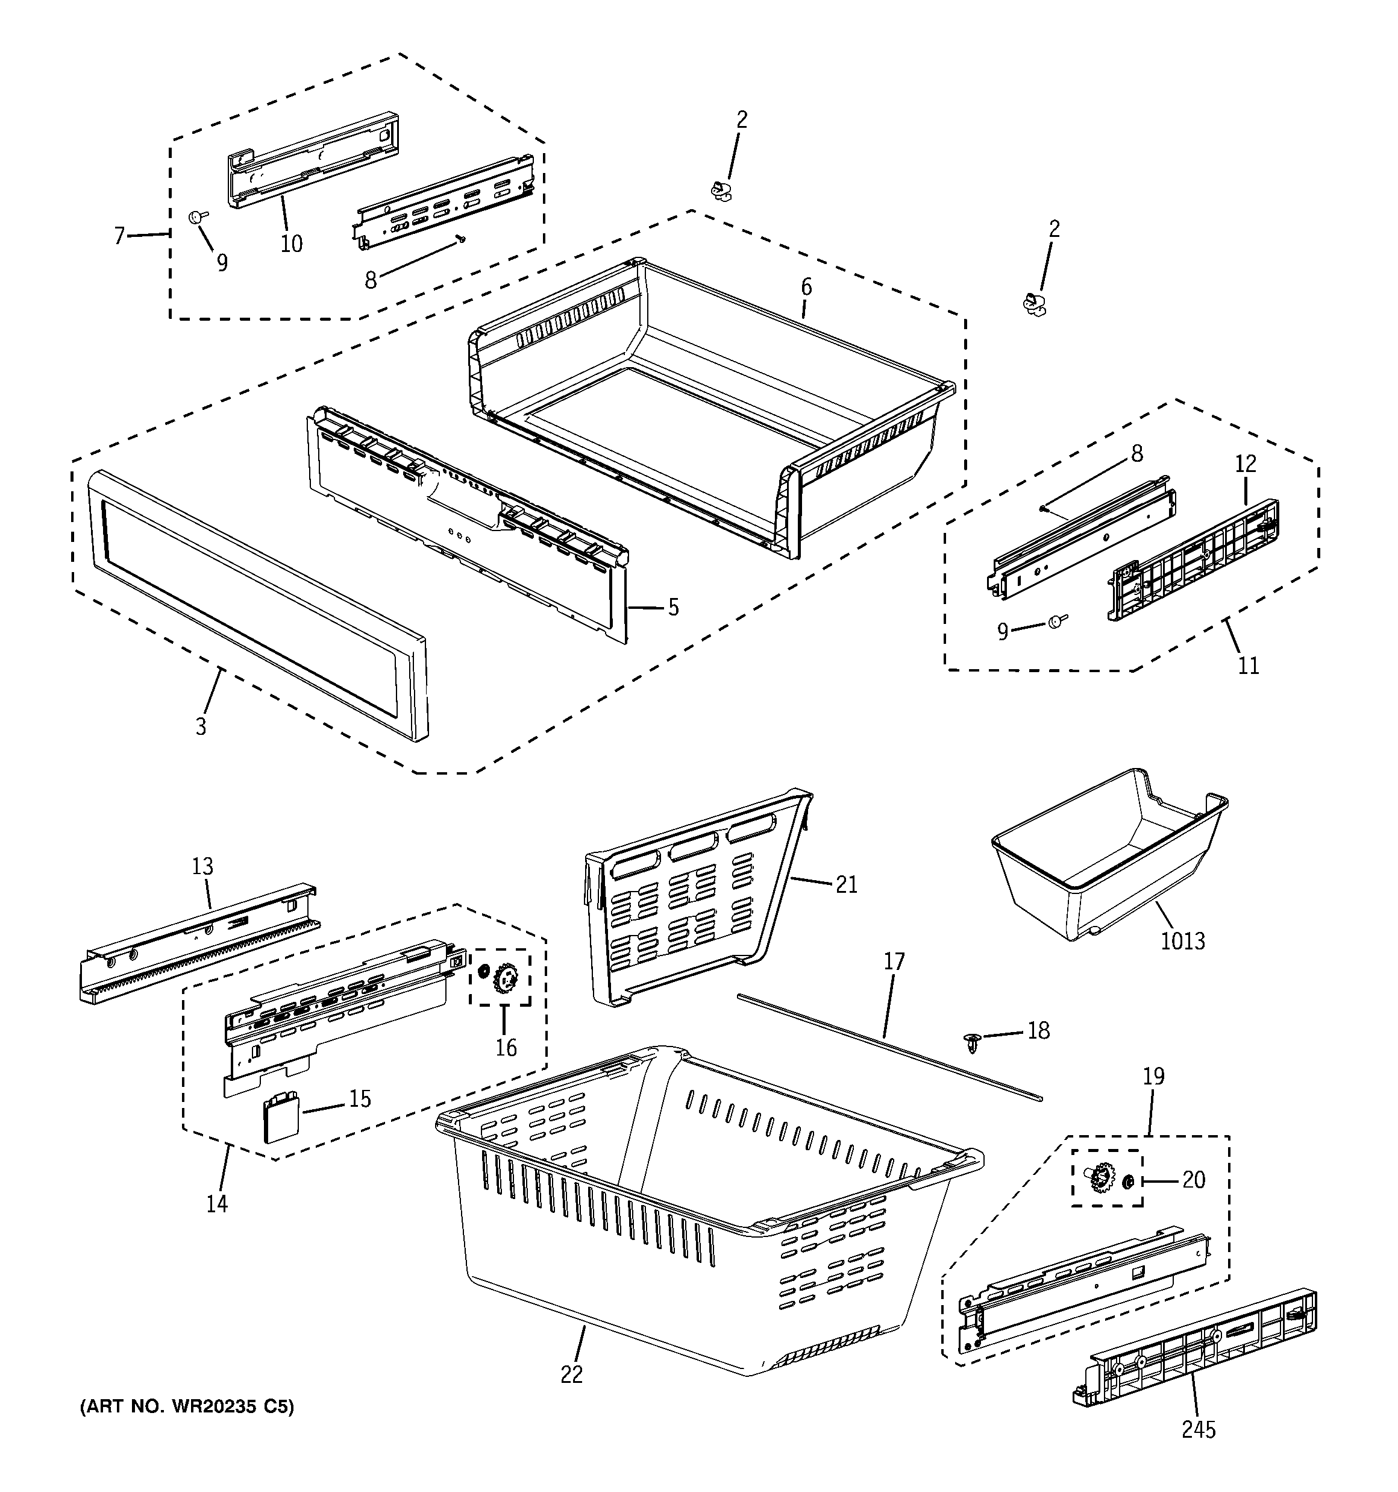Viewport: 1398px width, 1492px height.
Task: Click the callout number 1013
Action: [1183, 940]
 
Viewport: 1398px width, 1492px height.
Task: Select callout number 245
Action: [1199, 1430]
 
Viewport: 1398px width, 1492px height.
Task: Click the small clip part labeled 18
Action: [973, 1041]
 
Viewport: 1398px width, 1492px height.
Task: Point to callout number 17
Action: [894, 962]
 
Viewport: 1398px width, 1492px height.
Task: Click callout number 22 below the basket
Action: [571, 1374]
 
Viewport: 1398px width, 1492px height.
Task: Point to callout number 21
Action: [847, 885]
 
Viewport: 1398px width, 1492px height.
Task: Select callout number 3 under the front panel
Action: [200, 726]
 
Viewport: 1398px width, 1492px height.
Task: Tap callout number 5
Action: [673, 607]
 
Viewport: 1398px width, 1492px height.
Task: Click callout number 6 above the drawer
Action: [806, 287]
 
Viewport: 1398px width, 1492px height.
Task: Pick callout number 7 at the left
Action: [119, 236]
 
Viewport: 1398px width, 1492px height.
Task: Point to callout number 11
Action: [1248, 665]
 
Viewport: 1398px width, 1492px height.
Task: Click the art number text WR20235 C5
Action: [187, 1406]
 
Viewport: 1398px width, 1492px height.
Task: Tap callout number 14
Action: [217, 1203]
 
